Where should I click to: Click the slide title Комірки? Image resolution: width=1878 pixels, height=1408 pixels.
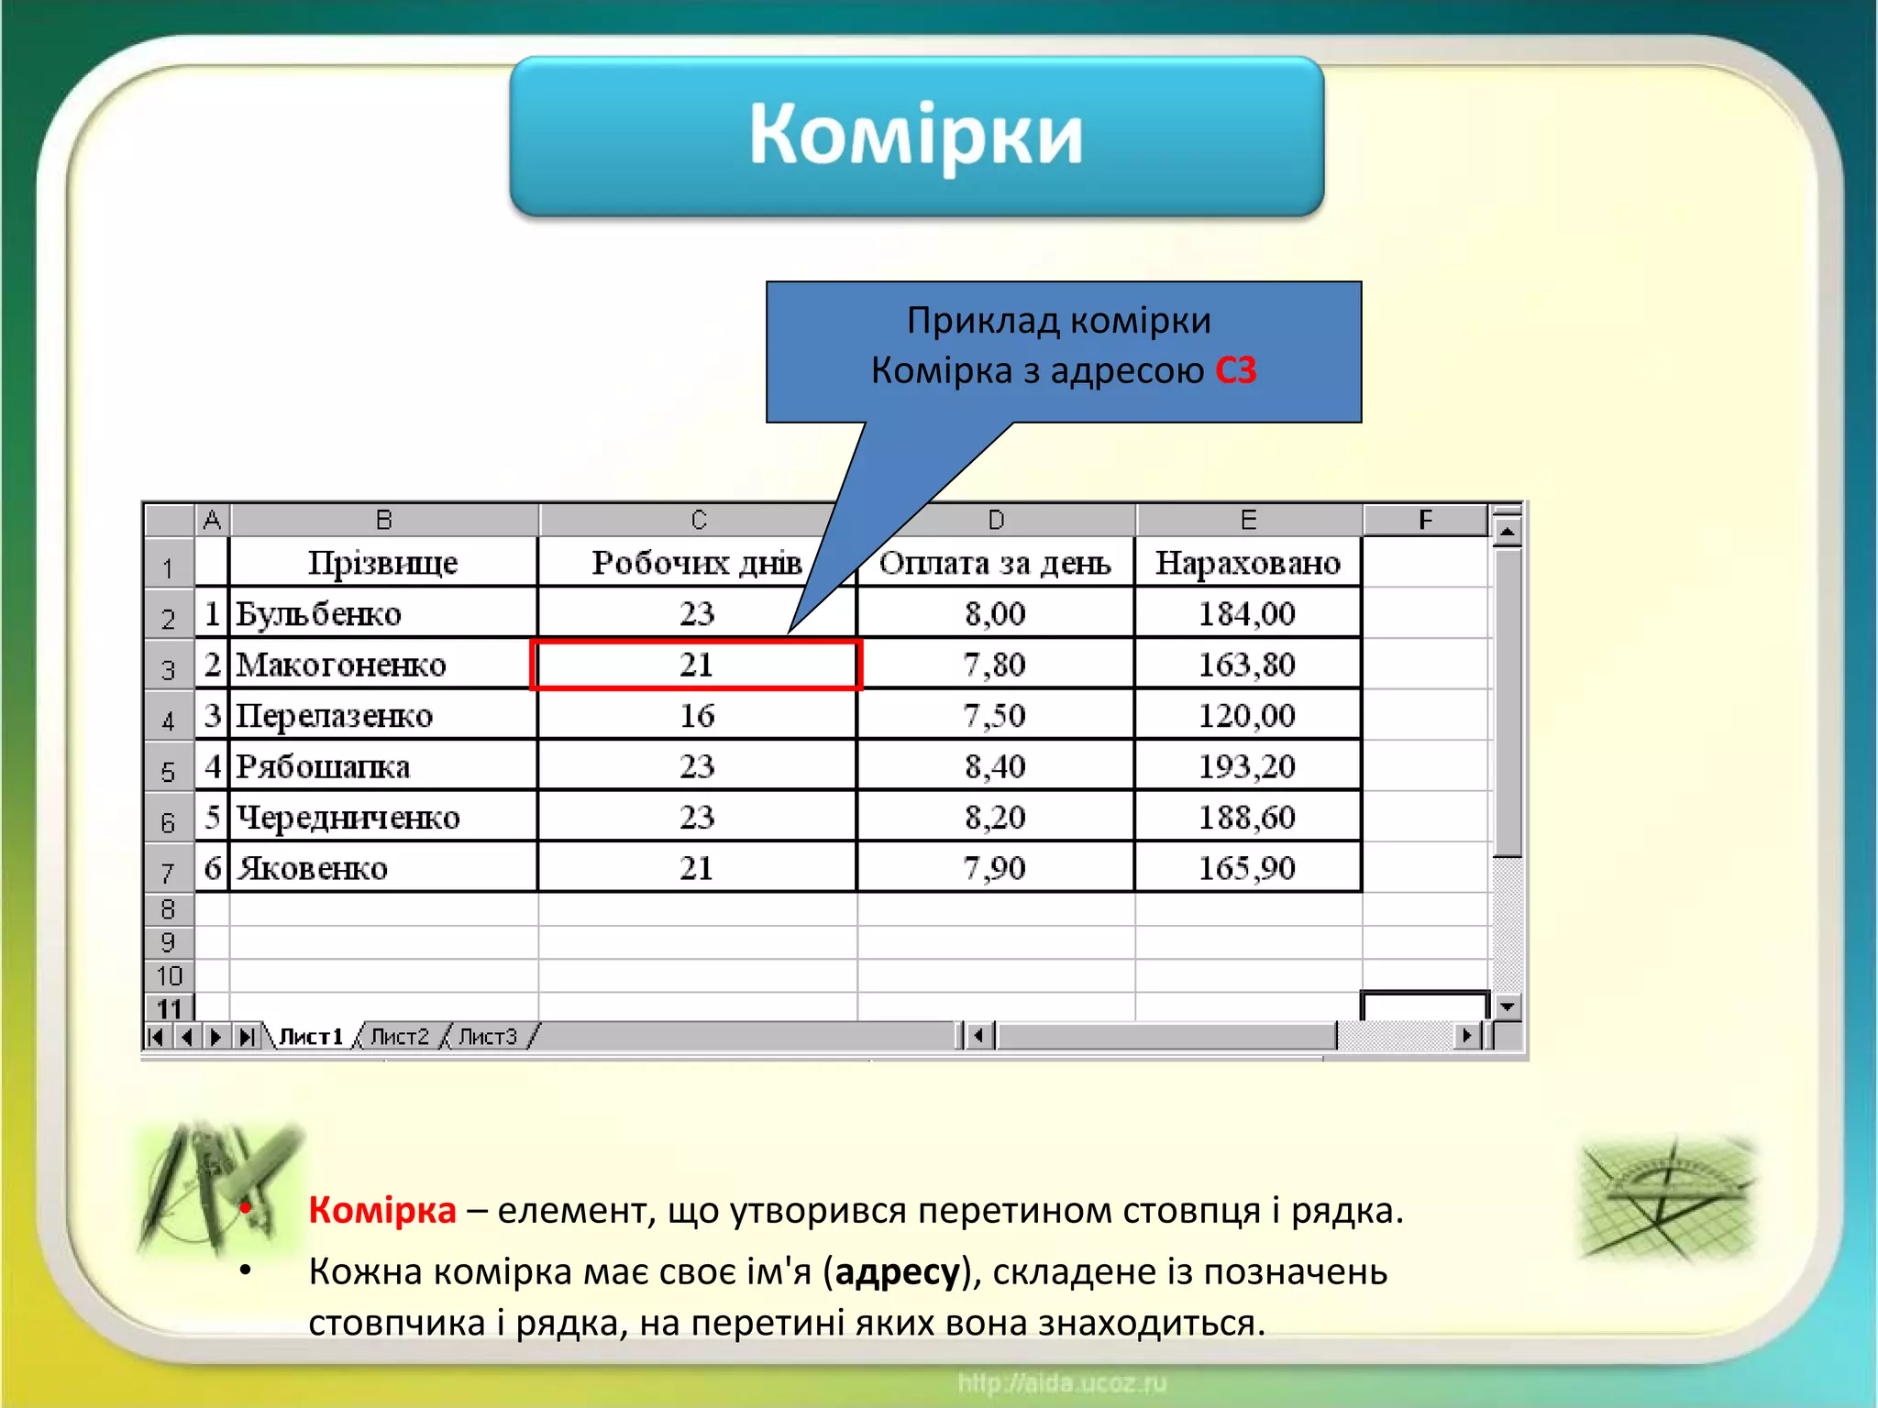point(915,136)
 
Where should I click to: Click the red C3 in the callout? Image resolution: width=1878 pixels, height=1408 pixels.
point(1235,370)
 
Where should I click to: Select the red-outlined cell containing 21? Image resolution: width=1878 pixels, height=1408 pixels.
point(696,665)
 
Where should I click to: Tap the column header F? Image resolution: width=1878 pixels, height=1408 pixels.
point(1425,520)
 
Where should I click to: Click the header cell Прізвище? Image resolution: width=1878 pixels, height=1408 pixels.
point(382,563)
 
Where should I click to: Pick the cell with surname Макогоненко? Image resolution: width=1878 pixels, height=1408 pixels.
point(341,665)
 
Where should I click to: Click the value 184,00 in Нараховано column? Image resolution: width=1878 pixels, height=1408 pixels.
point(1247,613)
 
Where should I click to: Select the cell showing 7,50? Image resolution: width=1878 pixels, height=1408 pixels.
point(994,716)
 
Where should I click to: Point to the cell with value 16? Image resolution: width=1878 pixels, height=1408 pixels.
point(697,716)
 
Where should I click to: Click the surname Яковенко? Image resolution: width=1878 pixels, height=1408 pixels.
point(313,868)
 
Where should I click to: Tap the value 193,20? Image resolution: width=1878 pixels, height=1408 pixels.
point(1247,766)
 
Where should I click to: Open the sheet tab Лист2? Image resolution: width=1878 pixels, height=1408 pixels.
point(400,1037)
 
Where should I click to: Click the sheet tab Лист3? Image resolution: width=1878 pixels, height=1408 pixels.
point(488,1037)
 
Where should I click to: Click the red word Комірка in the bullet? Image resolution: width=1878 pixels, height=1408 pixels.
point(382,1211)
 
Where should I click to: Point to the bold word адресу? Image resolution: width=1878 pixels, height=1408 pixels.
point(896,1272)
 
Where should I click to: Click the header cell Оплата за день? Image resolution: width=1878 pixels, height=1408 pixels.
point(995,563)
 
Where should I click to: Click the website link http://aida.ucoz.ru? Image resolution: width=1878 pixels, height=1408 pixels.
point(1062,1382)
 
